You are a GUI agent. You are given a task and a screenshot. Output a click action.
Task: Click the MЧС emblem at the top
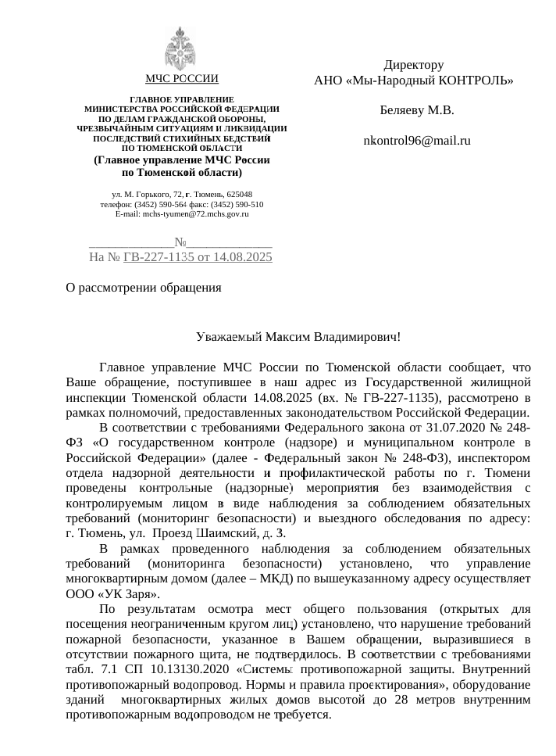coord(180,48)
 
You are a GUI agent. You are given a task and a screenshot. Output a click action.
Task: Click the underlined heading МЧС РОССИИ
coord(181,79)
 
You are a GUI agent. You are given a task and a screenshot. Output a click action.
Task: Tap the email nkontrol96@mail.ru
coord(417,141)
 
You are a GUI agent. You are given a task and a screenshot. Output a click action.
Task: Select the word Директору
coord(414,65)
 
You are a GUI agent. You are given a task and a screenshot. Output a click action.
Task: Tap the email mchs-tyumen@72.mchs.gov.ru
coord(181,213)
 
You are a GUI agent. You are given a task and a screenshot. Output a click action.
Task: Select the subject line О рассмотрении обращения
coord(144,288)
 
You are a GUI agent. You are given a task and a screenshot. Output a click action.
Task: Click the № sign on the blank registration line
coord(181,242)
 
